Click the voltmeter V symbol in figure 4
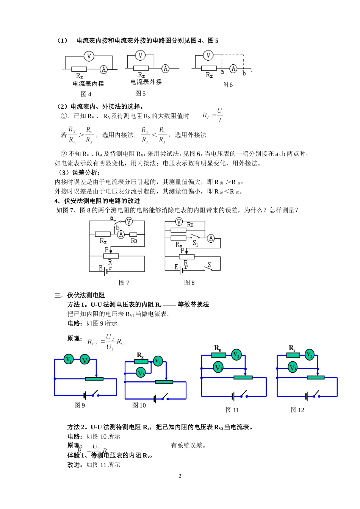89,56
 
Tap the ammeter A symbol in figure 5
165,69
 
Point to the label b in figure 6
244,73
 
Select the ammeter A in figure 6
233,69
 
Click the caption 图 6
227,85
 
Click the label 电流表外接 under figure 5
146,82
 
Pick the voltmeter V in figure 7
129,222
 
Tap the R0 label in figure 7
134,241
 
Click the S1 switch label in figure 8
195,243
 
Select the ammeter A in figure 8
211,238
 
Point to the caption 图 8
189,283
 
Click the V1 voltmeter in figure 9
69,359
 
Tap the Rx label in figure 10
140,355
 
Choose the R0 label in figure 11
218,348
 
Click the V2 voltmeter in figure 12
310,355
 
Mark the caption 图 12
297,410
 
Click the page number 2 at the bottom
180,476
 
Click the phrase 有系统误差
188,445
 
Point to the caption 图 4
86,94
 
